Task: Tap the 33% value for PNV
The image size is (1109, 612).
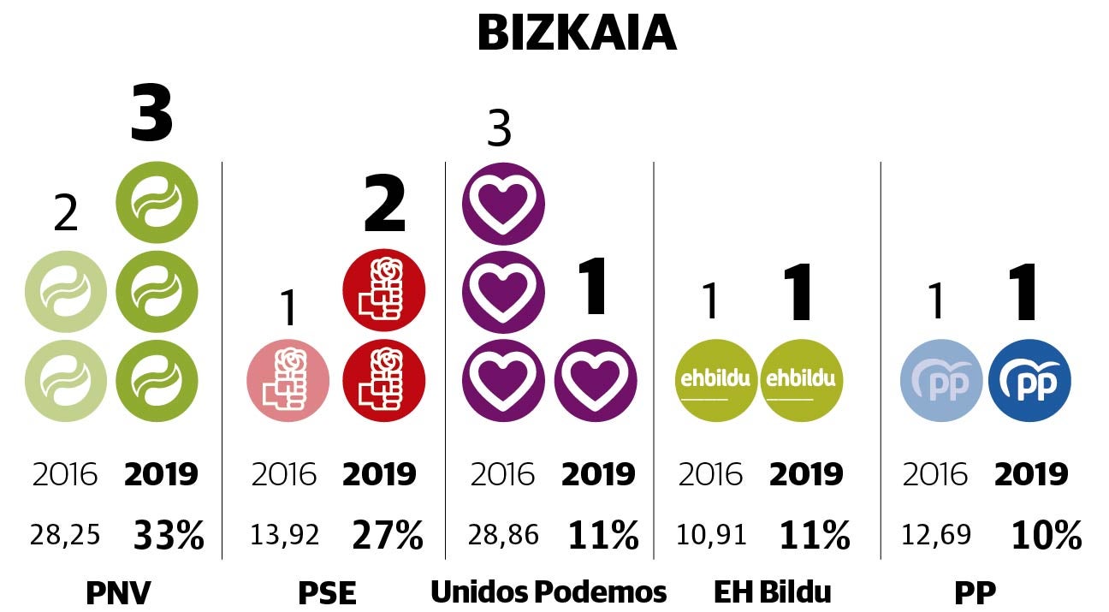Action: pos(169,536)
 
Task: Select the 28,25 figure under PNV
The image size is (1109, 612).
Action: pos(65,536)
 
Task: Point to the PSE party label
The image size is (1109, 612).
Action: pos(328,591)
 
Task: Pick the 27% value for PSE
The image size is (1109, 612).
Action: pos(388,536)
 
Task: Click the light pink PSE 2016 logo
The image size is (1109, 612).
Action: pos(288,379)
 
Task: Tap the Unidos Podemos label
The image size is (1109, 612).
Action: pos(549,591)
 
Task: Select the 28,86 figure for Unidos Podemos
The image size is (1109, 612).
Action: pos(503,536)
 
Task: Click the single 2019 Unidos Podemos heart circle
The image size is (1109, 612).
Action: pos(596,379)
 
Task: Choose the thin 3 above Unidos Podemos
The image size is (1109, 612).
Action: pos(499,129)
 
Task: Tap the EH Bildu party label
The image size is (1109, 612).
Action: pos(773,591)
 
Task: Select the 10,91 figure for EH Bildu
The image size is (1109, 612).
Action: pos(712,536)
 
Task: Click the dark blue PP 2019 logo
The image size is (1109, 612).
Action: pos(1029,379)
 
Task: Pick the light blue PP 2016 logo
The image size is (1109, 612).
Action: pos(941,379)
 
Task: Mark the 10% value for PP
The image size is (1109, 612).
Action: pos(1046,536)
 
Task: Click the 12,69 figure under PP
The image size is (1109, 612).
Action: pos(936,536)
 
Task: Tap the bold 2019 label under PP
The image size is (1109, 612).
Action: pos(1030,473)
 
